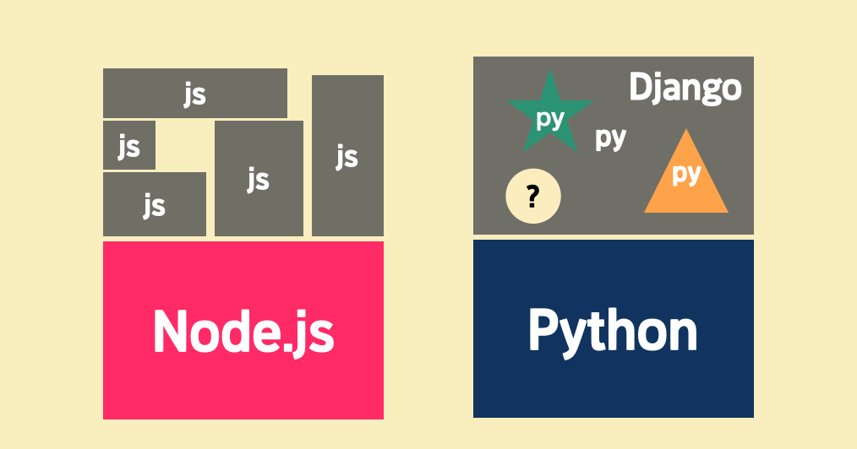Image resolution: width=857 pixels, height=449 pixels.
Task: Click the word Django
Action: [685, 89]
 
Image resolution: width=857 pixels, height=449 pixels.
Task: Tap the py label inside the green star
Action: [550, 119]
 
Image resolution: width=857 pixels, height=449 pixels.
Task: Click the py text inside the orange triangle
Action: [686, 174]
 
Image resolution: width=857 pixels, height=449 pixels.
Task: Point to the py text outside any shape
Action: [610, 137]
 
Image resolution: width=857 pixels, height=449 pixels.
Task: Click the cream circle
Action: [532, 197]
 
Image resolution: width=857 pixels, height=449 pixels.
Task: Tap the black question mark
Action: [532, 197]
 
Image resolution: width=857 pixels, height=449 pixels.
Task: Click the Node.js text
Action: [243, 331]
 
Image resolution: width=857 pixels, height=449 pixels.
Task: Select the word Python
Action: [613, 330]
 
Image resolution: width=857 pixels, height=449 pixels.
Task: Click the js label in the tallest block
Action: [347, 157]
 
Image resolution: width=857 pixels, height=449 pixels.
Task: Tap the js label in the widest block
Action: [195, 94]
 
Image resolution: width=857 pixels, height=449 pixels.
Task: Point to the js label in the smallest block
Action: [128, 148]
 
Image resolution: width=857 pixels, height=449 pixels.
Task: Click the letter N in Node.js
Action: [170, 331]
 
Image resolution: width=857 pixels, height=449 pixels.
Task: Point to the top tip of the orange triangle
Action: [686, 131]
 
